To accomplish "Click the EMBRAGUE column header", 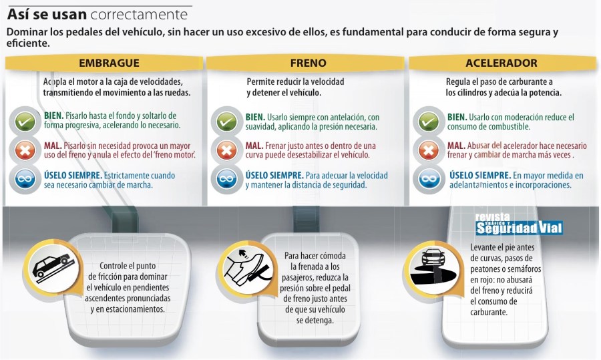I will (x=109, y=63).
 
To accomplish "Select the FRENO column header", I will (x=308, y=63).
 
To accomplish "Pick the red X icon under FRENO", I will (x=226, y=150).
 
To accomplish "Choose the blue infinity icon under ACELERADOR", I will (x=427, y=179).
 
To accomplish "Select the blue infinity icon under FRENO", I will (x=226, y=179).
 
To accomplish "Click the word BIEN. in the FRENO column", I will (x=255, y=116).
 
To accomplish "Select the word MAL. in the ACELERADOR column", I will (x=457, y=145).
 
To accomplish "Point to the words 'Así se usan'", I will (x=45, y=13).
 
